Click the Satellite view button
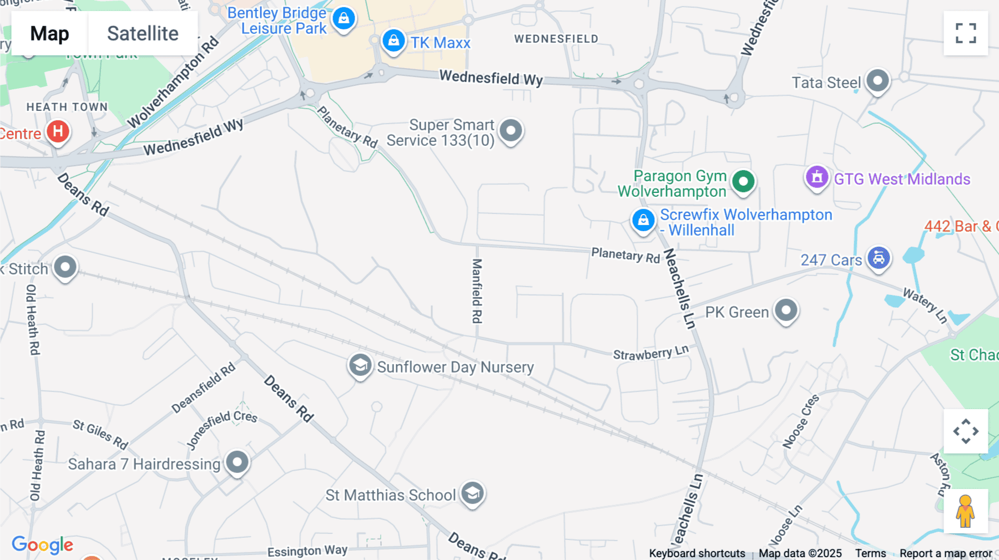[x=143, y=33]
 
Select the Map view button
[x=49, y=33]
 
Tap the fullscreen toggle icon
[x=966, y=33]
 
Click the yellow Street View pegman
[x=965, y=511]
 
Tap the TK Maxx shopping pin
[x=393, y=41]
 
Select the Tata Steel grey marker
[x=877, y=81]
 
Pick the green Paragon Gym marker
[x=743, y=181]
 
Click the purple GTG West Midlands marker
[x=816, y=177]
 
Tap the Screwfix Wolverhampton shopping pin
[x=643, y=220]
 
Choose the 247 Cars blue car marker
[x=879, y=258]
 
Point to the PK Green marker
[x=786, y=310]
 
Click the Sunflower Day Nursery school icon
[x=360, y=365]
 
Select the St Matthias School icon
[x=472, y=493]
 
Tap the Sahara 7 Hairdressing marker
[x=238, y=462]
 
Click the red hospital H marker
[x=58, y=132]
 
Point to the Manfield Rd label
[x=477, y=291]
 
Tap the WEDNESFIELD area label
[x=556, y=39]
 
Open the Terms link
[x=870, y=553]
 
